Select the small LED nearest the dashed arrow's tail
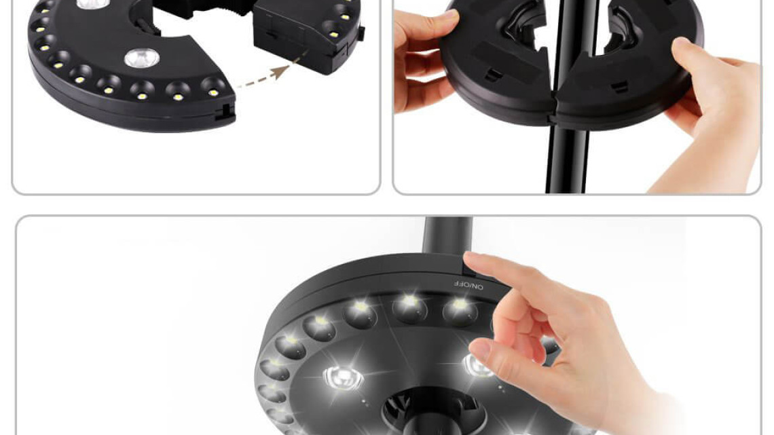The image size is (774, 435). coord(213,88)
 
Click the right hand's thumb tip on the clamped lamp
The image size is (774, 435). coord(680,45)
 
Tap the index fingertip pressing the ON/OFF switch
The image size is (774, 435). coord(471,259)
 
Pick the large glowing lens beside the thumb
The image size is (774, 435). coord(477,365)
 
